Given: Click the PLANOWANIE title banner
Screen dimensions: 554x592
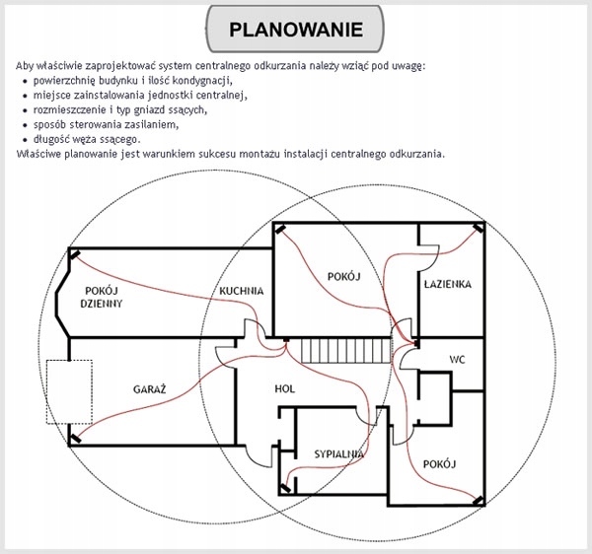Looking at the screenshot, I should tap(296, 29).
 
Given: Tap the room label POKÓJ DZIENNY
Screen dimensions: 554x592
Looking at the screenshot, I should tap(104, 298).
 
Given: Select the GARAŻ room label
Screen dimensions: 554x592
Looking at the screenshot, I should tap(150, 389).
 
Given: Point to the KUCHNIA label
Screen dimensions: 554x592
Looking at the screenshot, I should tap(242, 292).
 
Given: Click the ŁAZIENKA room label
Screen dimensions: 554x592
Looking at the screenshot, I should tap(447, 284).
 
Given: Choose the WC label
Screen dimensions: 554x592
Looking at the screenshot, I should tap(457, 359).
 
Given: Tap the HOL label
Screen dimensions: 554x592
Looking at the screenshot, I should tap(285, 389).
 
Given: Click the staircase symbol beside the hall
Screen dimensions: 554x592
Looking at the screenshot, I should tap(330, 349).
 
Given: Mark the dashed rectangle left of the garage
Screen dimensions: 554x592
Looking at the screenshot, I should tap(69, 392).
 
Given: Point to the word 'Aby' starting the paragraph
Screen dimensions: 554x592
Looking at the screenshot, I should tap(27, 65).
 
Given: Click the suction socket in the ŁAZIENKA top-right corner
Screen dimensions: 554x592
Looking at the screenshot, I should tap(479, 230).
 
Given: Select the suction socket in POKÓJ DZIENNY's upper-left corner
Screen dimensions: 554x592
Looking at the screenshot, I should tap(75, 257).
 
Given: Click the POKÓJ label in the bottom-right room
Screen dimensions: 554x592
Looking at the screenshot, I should tap(437, 462).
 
